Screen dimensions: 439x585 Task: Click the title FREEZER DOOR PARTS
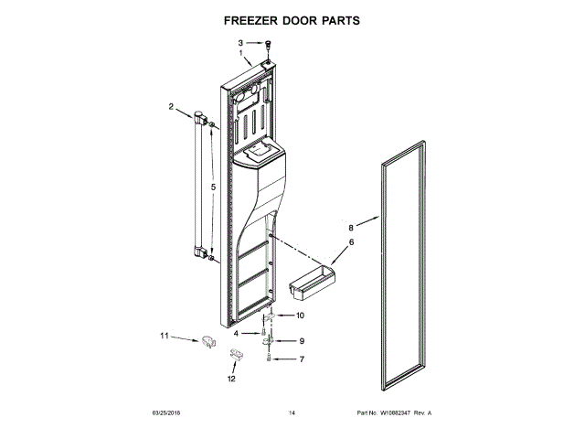click(292, 18)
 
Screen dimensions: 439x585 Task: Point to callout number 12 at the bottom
click(231, 378)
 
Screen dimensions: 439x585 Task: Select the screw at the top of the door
click(268, 45)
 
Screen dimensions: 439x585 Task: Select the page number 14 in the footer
click(292, 413)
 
